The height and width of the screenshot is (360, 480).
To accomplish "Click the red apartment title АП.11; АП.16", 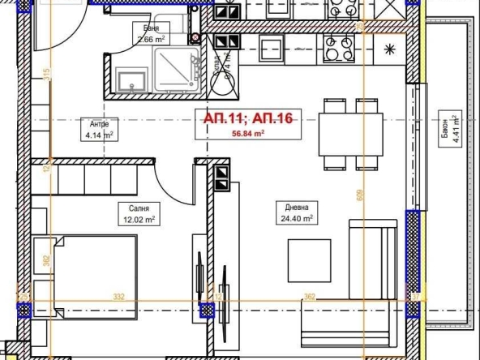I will [247, 118].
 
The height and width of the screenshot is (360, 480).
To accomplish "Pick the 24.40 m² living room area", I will [295, 218].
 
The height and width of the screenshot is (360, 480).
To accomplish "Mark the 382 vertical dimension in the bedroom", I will [47, 261].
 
